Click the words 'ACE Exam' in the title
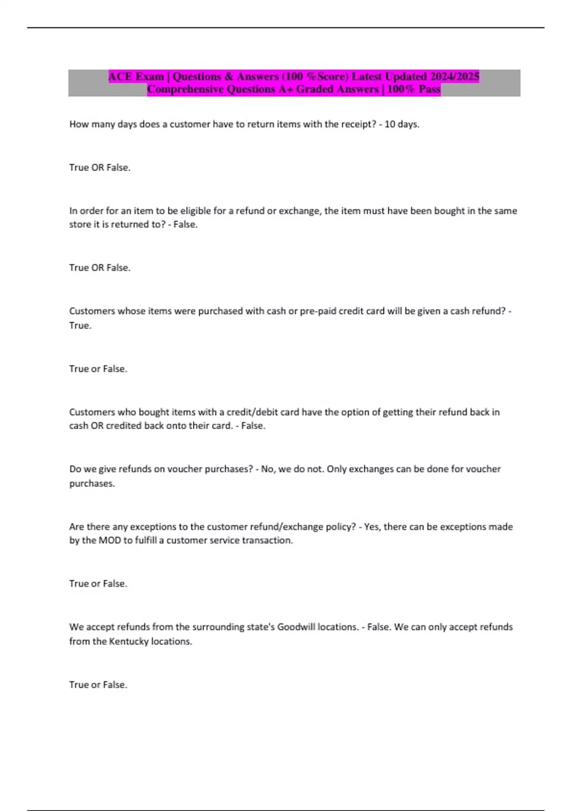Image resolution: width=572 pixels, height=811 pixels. (x=136, y=76)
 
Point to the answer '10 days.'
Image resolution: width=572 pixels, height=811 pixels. (x=402, y=125)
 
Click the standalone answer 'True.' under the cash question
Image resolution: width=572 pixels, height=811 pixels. (x=80, y=326)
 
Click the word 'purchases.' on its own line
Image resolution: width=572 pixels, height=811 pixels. (x=92, y=484)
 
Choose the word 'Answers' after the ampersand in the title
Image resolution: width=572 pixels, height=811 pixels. (x=257, y=76)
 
